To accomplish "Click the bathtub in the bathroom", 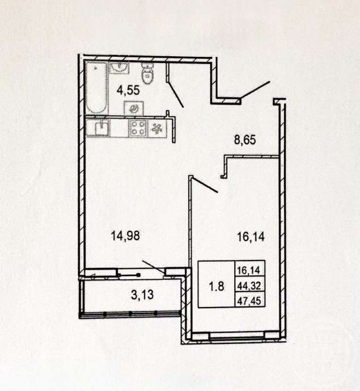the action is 97,88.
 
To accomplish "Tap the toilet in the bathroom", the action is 147,73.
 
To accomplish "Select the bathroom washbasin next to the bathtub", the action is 120,68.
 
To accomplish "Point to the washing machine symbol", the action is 134,108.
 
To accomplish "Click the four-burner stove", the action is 138,128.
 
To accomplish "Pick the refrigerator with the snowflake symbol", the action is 157,128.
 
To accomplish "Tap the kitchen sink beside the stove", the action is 101,128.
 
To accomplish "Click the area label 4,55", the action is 128,90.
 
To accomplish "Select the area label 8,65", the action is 245,140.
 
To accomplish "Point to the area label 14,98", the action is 125,236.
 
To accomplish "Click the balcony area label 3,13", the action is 142,295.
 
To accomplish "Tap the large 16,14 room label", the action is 251,237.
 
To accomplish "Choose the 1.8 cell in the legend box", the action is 217,286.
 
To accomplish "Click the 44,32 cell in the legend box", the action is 249,286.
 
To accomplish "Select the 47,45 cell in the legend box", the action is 249,301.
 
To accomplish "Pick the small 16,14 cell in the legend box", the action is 249,270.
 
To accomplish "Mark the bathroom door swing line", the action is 176,94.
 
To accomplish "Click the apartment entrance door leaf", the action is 255,90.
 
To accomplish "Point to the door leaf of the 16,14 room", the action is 205,185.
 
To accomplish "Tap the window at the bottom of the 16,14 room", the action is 237,337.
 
